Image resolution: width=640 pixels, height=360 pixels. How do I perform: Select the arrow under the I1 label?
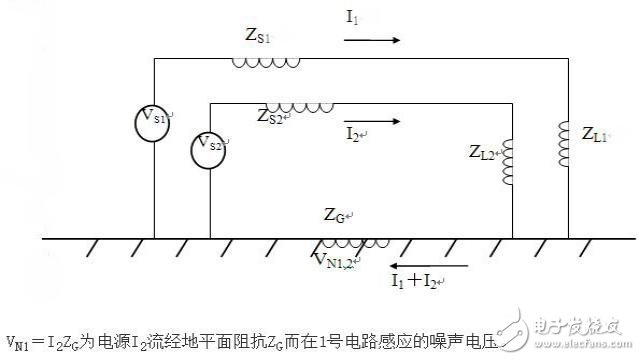(373, 41)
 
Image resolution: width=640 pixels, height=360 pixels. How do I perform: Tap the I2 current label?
(355, 132)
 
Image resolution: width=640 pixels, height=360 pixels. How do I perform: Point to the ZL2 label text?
(484, 152)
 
